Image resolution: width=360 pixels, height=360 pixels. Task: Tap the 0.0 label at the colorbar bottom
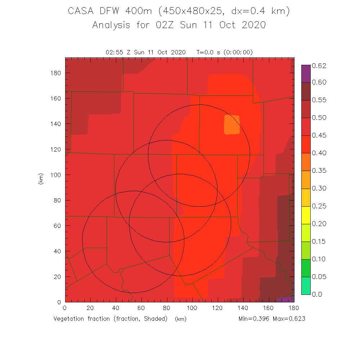pyautogui.click(x=317, y=294)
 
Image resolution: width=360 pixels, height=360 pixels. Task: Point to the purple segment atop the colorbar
pyautogui.click(x=306, y=73)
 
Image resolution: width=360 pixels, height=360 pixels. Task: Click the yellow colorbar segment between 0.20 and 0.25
pyautogui.click(x=306, y=215)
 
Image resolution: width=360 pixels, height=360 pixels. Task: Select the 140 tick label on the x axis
pyautogui.click(x=243, y=308)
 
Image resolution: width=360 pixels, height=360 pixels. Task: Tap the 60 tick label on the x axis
pyautogui.click(x=141, y=308)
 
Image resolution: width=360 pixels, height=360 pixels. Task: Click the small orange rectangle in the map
pyautogui.click(x=232, y=125)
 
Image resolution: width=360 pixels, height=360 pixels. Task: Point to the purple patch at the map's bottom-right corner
pyautogui.click(x=287, y=299)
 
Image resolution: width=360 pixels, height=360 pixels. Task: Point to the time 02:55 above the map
pyautogui.click(x=115, y=52)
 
